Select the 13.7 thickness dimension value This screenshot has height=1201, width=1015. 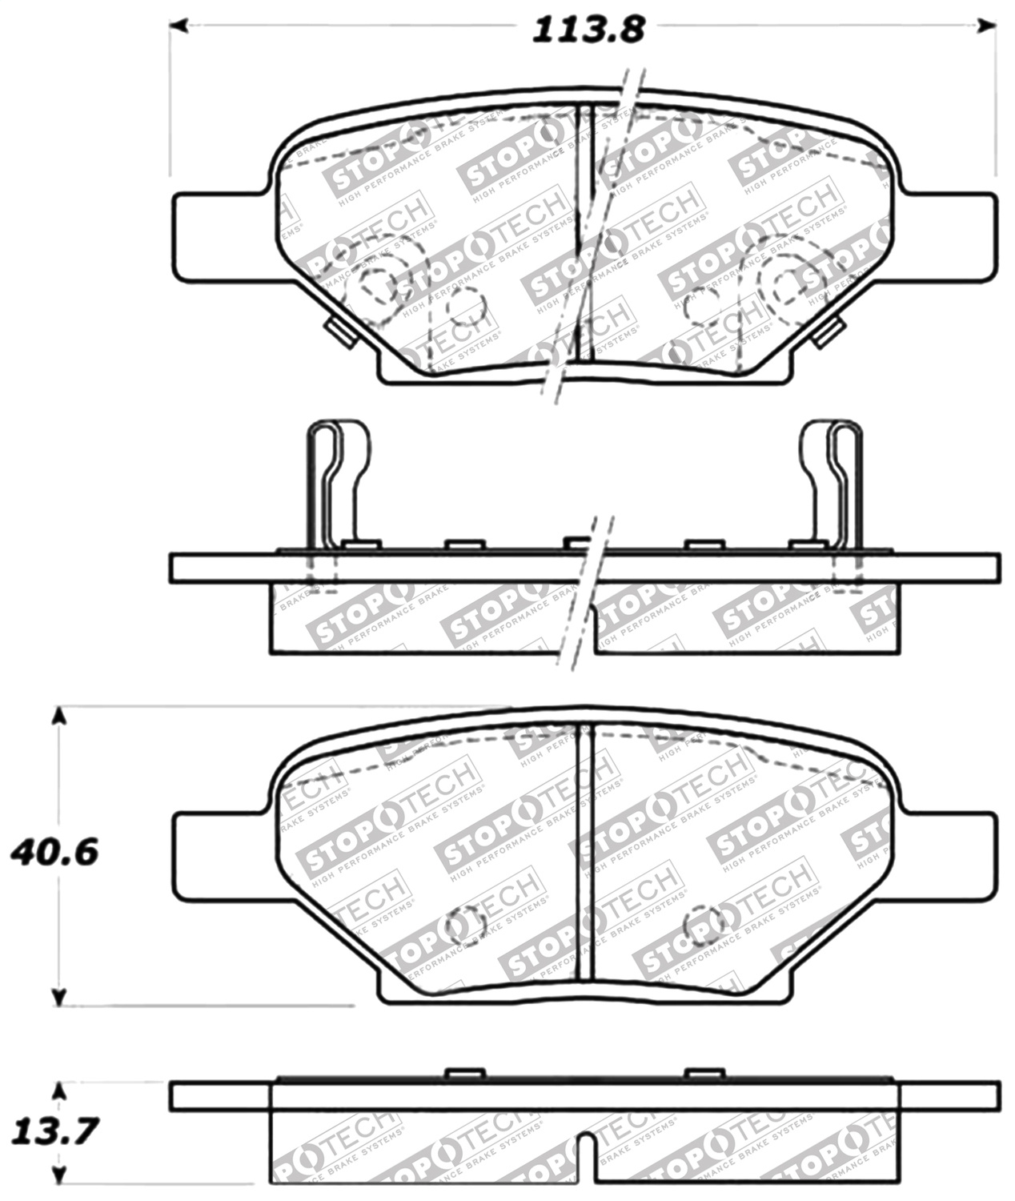point(54,1131)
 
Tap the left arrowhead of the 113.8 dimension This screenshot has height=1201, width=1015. point(177,26)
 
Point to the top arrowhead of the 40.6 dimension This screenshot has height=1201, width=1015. point(58,715)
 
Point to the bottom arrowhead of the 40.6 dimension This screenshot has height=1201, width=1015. point(58,997)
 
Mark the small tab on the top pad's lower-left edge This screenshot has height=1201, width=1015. point(340,331)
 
